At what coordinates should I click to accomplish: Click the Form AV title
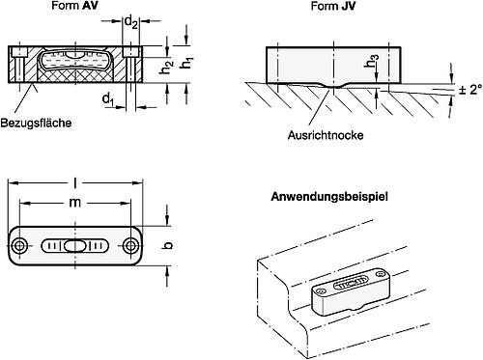pos(74,5)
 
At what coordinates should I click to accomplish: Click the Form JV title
pos(333,6)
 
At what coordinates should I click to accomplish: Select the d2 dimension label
pos(131,22)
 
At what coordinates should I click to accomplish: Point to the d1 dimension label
pos(108,99)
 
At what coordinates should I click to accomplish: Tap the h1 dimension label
pos(186,63)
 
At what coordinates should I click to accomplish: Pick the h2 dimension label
pos(167,67)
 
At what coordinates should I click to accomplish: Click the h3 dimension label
pos(372,61)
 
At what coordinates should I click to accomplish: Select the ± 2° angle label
pos(470,90)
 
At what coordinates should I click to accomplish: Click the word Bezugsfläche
pos(36,123)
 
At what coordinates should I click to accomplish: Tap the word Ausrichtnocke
pos(326,135)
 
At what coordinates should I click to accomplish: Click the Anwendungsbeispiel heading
pos(329,196)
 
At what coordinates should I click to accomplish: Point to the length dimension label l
pos(75,183)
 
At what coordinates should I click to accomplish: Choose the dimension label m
pos(74,203)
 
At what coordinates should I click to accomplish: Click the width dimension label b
pos(167,245)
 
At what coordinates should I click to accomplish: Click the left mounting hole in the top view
pos(20,246)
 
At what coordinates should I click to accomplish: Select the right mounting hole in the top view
pos(130,246)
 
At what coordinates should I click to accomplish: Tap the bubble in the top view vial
pos(75,246)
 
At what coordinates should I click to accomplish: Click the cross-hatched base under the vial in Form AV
pos(75,74)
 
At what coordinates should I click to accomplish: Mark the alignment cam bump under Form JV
pos(334,86)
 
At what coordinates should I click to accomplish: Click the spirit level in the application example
pos(351,291)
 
